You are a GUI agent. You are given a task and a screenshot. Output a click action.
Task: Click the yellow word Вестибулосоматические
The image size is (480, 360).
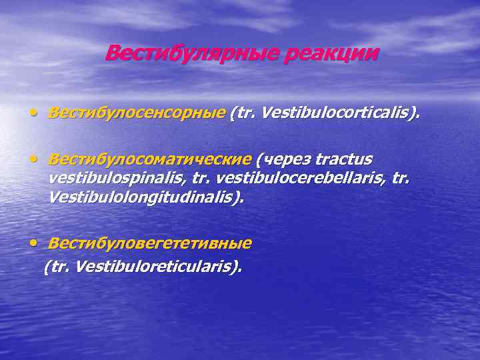[150, 160]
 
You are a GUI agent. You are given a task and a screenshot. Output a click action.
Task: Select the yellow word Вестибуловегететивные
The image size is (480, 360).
[150, 243]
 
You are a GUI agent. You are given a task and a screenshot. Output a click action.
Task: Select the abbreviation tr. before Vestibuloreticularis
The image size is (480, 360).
[61, 267]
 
